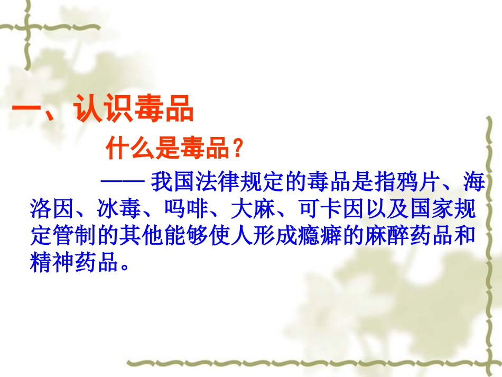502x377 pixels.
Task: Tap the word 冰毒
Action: click(x=120, y=210)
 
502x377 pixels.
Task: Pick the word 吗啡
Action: click(x=187, y=210)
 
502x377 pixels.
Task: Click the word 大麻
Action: click(x=254, y=210)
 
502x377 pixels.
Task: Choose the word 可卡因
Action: click(x=332, y=210)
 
